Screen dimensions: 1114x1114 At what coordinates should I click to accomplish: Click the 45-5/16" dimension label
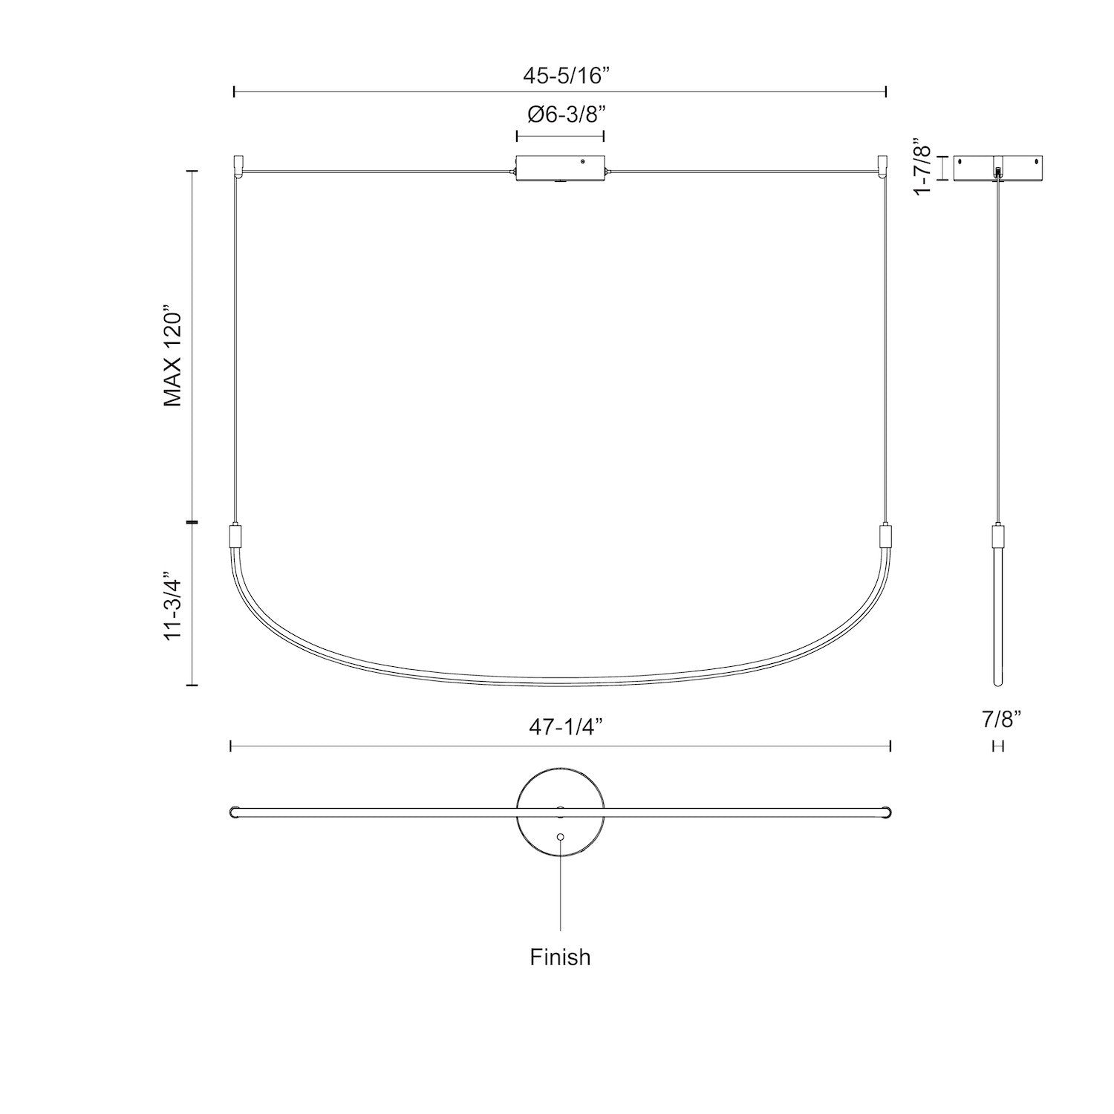pos(561,74)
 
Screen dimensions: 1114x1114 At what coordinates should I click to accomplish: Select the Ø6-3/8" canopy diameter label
pos(561,115)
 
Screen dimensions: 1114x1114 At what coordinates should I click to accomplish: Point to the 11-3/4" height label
pos(173,606)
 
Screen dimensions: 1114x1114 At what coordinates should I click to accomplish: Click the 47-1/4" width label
pos(560,728)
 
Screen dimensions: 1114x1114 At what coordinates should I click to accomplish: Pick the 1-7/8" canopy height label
pos(922,166)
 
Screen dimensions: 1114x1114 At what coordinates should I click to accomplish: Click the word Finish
pos(560,957)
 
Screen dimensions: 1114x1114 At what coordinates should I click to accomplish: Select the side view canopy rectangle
pos(998,167)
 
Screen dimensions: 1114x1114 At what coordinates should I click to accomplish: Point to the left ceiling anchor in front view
pos(238,166)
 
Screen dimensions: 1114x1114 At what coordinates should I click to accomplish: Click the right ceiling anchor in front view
pos(883,166)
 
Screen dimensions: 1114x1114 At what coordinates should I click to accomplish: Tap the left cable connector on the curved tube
pos(235,535)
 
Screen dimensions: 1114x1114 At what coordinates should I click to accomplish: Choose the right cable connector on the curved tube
pos(884,535)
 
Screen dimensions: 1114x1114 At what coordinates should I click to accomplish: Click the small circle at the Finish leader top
pos(560,837)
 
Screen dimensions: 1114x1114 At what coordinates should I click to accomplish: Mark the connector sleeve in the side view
pos(998,535)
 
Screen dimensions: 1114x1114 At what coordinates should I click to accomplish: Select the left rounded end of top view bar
pos(233,812)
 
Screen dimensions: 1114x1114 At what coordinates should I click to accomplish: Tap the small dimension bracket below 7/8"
pos(998,746)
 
